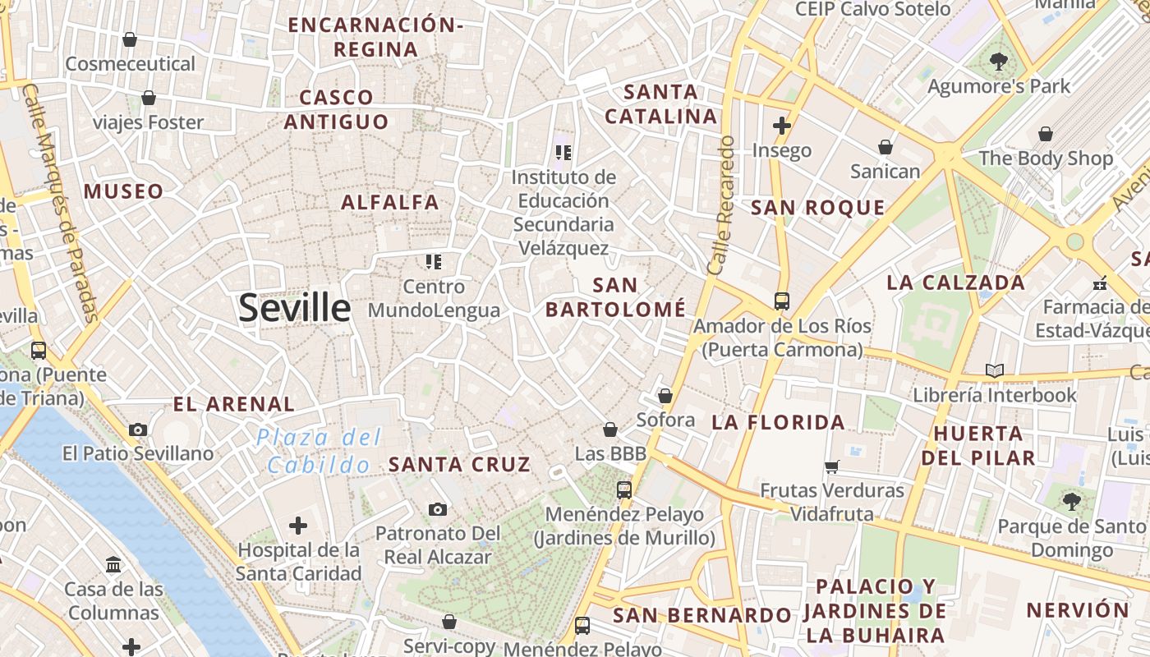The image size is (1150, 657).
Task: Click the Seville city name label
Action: [294, 308]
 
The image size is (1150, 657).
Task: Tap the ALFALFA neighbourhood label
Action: [390, 202]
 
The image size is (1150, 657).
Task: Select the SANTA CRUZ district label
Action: [459, 464]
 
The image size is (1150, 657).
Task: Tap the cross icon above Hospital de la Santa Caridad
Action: [298, 526]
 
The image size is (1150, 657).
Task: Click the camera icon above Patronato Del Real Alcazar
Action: [438, 509]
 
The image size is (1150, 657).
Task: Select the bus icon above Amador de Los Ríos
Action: [781, 301]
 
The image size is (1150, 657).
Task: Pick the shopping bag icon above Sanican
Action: [885, 147]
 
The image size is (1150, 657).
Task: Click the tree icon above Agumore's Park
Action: [999, 61]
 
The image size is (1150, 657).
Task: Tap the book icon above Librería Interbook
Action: [995, 370]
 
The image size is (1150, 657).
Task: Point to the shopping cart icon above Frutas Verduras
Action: [832, 466]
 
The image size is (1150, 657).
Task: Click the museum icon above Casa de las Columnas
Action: [113, 565]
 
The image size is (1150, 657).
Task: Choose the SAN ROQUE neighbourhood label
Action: [818, 208]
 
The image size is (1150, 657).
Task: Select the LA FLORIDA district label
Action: [778, 422]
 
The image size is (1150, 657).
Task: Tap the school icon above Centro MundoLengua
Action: [433, 262]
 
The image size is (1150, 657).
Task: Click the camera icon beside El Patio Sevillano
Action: [138, 430]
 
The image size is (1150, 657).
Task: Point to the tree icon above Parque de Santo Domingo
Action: [1071, 501]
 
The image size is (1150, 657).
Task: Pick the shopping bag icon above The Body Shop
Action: [1046, 134]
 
